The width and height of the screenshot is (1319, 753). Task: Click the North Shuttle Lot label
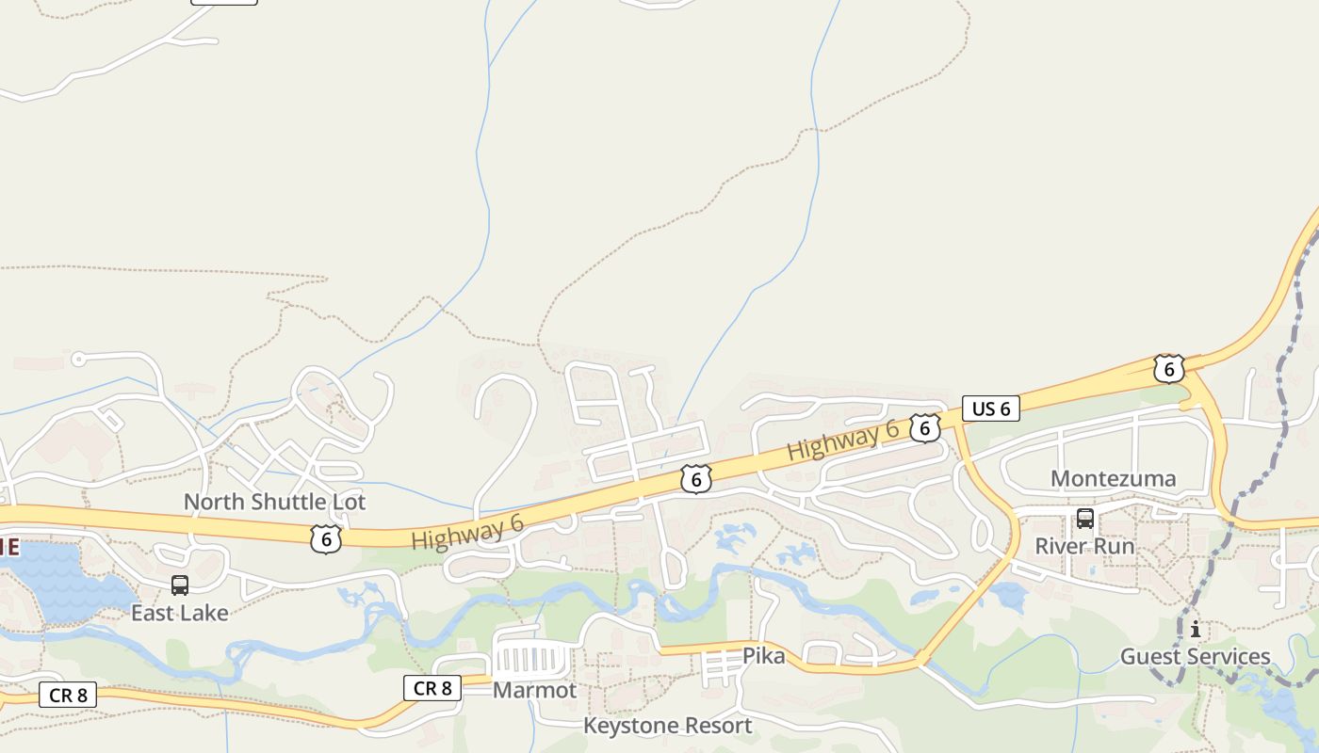click(x=274, y=502)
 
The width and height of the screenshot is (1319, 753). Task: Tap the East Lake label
click(x=179, y=613)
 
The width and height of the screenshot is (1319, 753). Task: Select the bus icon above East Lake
click(x=180, y=585)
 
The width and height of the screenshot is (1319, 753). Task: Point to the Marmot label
click(x=534, y=690)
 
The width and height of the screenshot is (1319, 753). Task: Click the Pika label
click(x=763, y=655)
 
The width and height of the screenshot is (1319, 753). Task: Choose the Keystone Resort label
click(x=667, y=726)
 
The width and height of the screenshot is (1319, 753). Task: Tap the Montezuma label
click(x=1113, y=478)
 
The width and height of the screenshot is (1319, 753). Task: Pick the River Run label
click(x=1084, y=546)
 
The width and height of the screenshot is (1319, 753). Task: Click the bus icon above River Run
click(x=1085, y=518)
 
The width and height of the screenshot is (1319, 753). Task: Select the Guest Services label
click(x=1195, y=656)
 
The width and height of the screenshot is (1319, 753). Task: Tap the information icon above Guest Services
click(x=1196, y=629)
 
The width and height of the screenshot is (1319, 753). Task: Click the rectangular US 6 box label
click(x=990, y=409)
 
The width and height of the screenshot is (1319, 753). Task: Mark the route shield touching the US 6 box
click(x=925, y=428)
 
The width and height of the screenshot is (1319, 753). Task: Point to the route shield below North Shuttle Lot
click(x=325, y=539)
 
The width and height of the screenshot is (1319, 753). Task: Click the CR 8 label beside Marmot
click(x=432, y=688)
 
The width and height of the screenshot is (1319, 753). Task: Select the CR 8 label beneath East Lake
click(x=68, y=696)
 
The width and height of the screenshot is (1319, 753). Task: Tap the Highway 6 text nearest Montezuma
click(x=843, y=441)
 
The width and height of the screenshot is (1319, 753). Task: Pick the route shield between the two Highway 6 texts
click(x=695, y=479)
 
